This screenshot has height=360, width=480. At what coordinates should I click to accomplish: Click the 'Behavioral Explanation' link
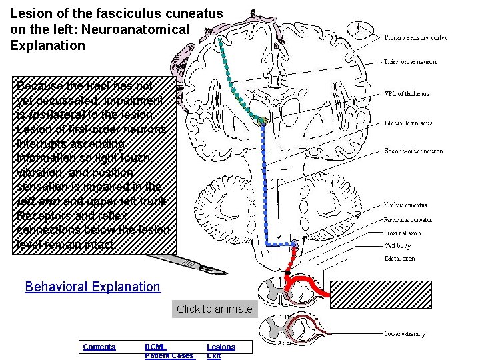(x=93, y=287)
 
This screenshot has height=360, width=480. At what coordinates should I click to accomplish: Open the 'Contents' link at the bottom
(x=99, y=347)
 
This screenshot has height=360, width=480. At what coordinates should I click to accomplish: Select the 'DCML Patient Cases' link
(x=169, y=351)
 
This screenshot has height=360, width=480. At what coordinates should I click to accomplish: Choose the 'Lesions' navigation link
(x=221, y=347)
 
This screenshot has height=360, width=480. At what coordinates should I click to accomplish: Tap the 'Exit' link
(x=214, y=356)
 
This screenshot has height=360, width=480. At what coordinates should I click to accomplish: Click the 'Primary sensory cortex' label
(x=415, y=38)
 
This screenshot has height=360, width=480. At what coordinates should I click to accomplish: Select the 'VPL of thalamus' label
(x=407, y=94)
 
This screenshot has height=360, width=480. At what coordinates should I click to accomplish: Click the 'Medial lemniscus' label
(x=408, y=123)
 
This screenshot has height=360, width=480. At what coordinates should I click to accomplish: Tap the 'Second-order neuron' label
(x=413, y=151)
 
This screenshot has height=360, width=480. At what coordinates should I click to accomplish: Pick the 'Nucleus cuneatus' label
(x=406, y=205)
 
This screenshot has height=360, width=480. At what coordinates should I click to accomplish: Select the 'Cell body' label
(x=398, y=245)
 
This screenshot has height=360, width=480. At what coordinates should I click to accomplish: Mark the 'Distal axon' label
(x=400, y=258)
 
